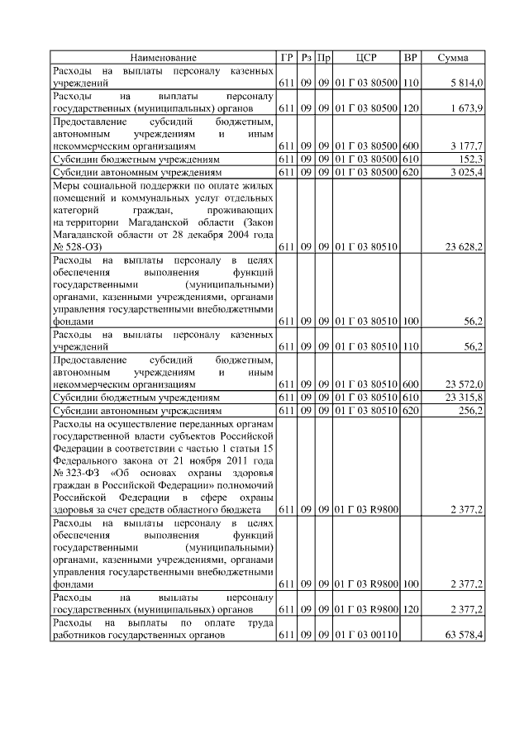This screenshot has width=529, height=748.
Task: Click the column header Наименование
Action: coord(164,58)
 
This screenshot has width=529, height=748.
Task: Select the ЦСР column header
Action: coord(366,58)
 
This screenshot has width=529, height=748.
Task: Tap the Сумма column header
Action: coord(453,58)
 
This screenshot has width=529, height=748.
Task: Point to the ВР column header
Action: coord(410,58)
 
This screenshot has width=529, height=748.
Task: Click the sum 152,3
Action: coord(472,159)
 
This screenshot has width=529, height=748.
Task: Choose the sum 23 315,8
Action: coord(465,398)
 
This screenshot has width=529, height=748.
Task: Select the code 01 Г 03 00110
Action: coord(366,635)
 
